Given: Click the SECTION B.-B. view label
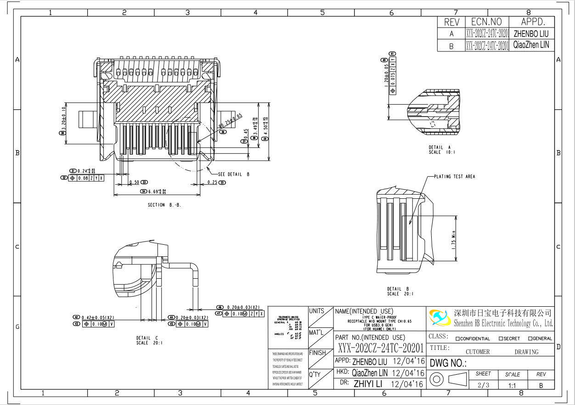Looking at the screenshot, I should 164,205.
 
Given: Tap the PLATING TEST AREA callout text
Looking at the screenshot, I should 455,177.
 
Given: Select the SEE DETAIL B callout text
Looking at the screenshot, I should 234,174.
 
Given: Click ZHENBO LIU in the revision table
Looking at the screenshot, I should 531,34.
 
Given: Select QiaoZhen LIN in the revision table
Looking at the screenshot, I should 531,45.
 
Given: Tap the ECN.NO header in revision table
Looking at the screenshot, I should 486,22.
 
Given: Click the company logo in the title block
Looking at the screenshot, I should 440,317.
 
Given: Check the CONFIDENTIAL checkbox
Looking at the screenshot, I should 458,339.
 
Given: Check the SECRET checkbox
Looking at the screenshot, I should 501,339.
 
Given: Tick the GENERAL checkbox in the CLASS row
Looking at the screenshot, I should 530,339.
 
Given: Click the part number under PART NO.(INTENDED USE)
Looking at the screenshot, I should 381,347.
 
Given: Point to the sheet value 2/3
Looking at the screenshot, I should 483,385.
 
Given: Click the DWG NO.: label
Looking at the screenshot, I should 448,363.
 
